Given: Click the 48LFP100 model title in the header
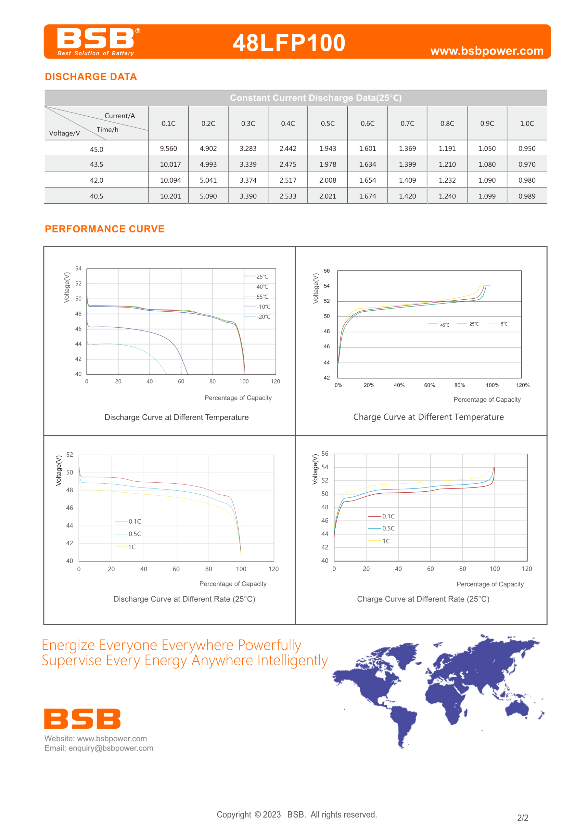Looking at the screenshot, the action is pyautogui.click(x=289, y=43).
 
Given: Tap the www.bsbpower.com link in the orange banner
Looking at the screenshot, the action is pyautogui.click(x=487, y=51).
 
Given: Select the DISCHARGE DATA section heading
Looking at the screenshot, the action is pyautogui.click(x=91, y=77).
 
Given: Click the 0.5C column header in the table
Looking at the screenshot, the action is pyautogui.click(x=327, y=123).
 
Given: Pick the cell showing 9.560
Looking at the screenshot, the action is pyautogui.click(x=169, y=149).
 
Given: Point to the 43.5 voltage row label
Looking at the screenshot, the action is pyautogui.click(x=96, y=164).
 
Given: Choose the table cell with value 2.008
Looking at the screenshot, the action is pyautogui.click(x=327, y=180).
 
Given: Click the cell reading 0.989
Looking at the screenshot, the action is pyautogui.click(x=527, y=196).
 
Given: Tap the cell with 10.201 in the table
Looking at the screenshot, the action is pyautogui.click(x=170, y=196).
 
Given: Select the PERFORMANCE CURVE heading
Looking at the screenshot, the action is pyautogui.click(x=104, y=229).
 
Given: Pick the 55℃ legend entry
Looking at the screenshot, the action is pyautogui.click(x=256, y=297).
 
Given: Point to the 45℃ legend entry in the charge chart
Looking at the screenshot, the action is pyautogui.click(x=439, y=325).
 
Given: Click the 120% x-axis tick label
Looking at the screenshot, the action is pyautogui.click(x=523, y=385).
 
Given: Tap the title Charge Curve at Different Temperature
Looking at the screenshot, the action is pyautogui.click(x=428, y=417).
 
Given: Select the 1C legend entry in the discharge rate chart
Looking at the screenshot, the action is pyautogui.click(x=125, y=547).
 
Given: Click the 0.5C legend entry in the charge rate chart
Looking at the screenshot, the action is pyautogui.click(x=381, y=528).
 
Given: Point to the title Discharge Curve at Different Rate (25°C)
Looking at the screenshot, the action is pyautogui.click(x=184, y=599).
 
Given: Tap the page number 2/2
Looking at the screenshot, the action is pyautogui.click(x=522, y=818).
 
